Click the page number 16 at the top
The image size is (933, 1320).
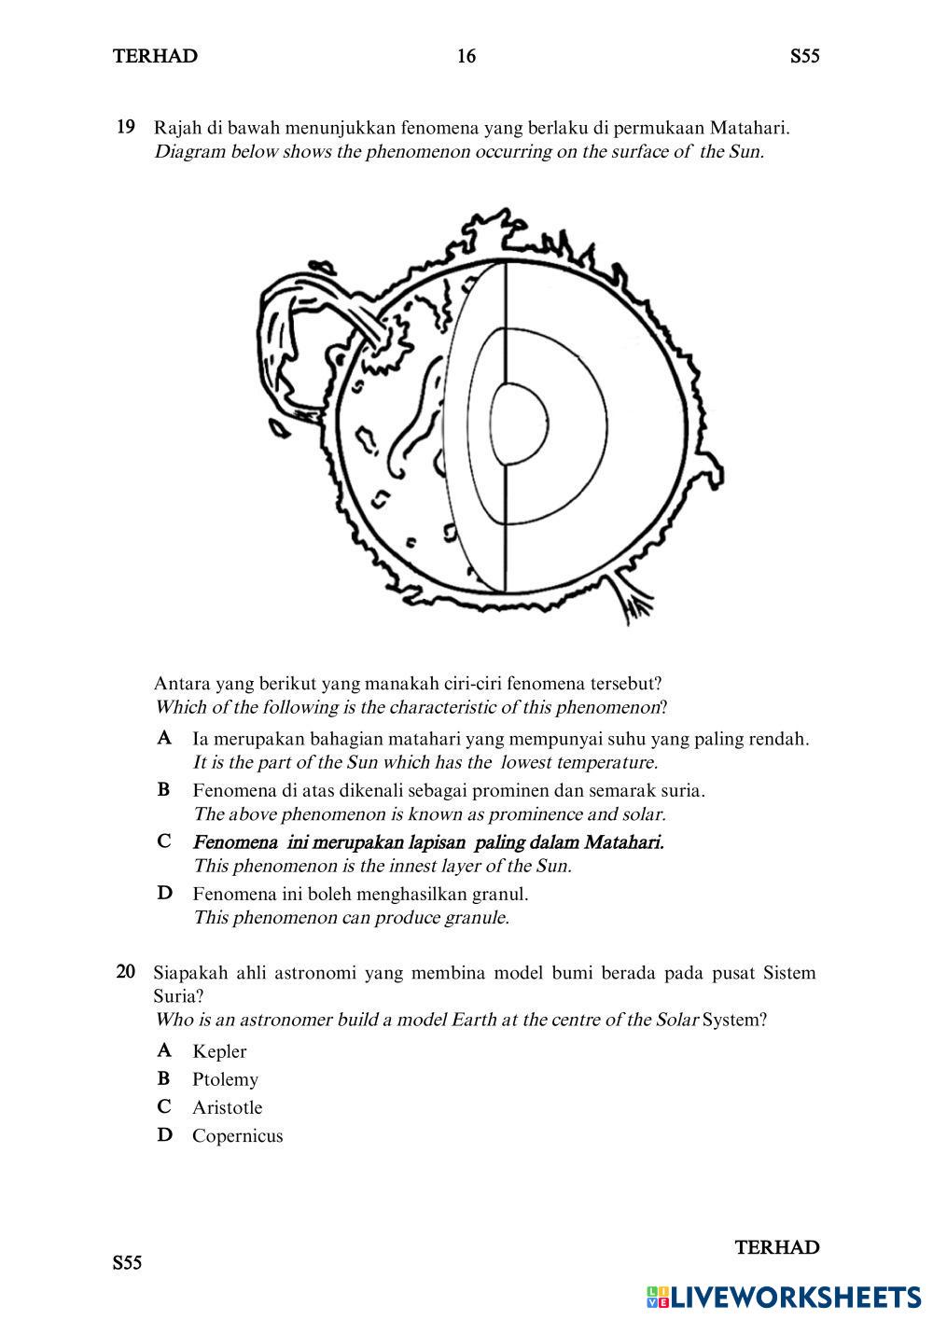click(466, 57)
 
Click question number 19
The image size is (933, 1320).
click(126, 127)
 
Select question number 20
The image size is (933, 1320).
click(126, 972)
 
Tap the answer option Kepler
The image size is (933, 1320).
click(219, 1051)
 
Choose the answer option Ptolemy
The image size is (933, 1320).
click(225, 1079)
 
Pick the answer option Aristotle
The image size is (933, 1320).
click(227, 1107)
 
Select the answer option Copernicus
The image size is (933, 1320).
click(237, 1135)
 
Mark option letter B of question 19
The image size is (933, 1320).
click(164, 790)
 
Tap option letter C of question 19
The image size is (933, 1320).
click(164, 841)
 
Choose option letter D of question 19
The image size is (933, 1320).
click(164, 894)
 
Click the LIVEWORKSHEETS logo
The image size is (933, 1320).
click(783, 1297)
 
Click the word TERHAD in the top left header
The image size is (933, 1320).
click(155, 57)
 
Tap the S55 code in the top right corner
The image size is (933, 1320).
click(804, 57)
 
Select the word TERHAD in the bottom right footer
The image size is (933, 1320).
click(776, 1248)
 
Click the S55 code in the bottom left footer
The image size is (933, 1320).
click(128, 1264)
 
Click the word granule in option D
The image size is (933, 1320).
click(477, 918)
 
